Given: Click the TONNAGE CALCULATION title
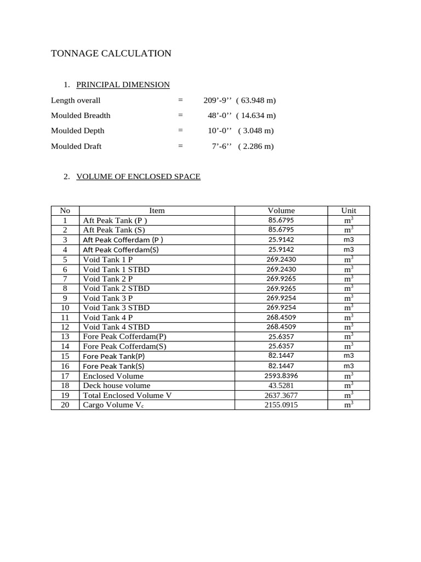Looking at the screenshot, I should (111, 53).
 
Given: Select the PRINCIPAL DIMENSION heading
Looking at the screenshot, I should (123, 85).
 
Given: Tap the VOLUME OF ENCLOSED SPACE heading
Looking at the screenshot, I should (138, 177).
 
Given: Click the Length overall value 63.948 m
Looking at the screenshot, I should (256, 100).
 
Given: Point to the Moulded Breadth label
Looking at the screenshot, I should (81, 115).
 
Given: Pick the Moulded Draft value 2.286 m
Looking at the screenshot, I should (256, 147).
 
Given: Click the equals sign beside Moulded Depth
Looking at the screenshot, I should (180, 131).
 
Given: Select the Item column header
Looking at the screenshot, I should (157, 210).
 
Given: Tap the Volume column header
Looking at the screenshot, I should (281, 210).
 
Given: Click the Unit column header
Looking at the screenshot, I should (349, 210).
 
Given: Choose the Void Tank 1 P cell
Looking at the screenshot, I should (108, 259).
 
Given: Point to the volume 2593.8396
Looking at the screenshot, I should (281, 376).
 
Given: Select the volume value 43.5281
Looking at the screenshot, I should (281, 386).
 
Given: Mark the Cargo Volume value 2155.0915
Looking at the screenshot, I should (281, 405).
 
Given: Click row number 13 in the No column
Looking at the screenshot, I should (65, 336).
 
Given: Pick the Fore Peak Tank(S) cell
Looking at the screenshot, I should (113, 366).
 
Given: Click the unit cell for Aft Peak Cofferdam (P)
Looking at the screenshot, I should (349, 240).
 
